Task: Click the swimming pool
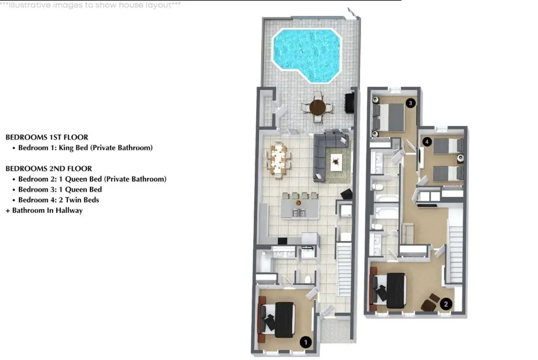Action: (x=306, y=55)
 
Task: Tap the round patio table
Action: (x=317, y=108)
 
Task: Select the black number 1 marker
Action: (x=306, y=342)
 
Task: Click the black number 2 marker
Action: (x=446, y=304)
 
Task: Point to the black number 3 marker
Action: (x=410, y=103)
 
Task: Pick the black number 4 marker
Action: (x=427, y=142)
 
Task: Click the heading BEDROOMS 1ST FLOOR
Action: (x=47, y=137)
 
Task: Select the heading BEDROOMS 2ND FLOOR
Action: (x=48, y=168)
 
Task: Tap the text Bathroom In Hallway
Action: (x=47, y=210)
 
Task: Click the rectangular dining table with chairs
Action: (x=278, y=160)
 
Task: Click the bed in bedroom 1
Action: (x=277, y=320)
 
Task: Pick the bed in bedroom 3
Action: (x=389, y=117)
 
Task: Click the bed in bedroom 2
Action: (x=390, y=290)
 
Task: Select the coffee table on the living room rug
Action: (x=336, y=161)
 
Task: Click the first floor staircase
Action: (x=344, y=270)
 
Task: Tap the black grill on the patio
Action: (x=349, y=103)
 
